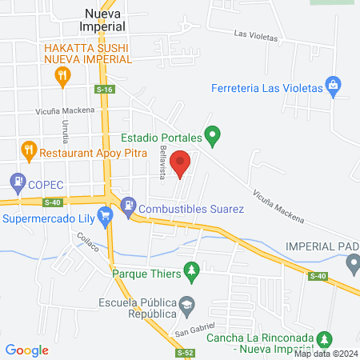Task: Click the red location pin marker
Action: coord(181,164)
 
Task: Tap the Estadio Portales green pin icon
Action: coord(212,136)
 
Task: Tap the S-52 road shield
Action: coord(185,351)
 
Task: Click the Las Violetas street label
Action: coord(255,35)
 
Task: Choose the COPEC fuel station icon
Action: coord(17,182)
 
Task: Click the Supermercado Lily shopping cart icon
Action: coord(104,216)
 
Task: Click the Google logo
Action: coord(27,350)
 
